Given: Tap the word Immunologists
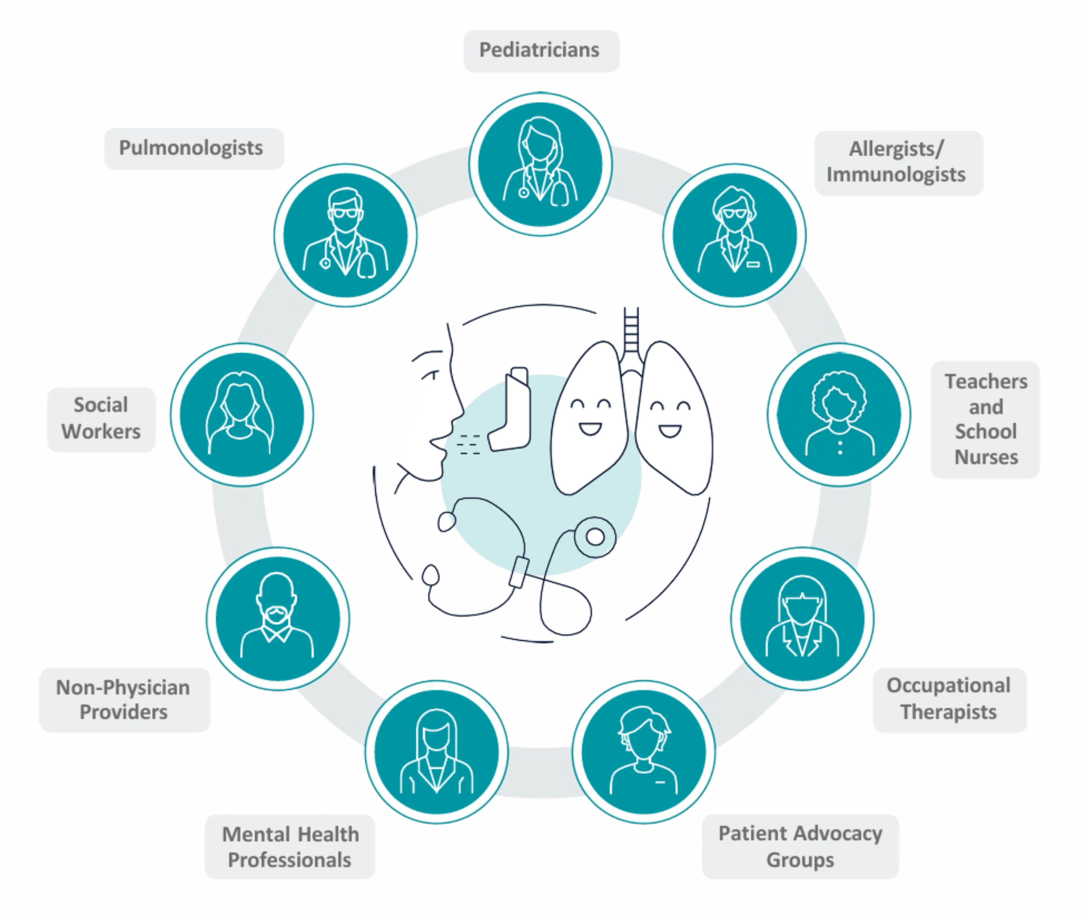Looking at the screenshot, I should coord(895,175).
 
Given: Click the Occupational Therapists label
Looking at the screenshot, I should coord(949,698).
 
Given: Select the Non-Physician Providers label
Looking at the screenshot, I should coord(124,700).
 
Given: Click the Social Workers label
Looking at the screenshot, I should coord(101,418).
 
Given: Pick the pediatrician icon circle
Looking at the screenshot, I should coord(540,164).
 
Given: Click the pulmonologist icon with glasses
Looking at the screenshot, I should coord(345,235).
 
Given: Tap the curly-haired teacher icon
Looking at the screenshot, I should coord(839,414).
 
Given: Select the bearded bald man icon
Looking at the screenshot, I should coord(278,618).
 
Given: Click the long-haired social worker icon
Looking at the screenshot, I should coord(242,414).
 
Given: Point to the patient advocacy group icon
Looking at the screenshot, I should coord(644,751).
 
